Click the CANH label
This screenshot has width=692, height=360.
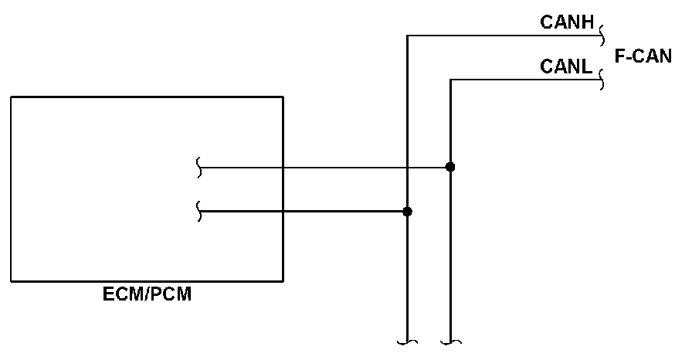coord(567,23)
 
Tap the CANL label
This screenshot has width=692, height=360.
coord(566,68)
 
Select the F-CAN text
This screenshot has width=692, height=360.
coord(643,56)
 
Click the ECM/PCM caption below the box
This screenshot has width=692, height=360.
coord(147,294)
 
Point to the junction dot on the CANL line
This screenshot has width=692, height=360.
coord(450,167)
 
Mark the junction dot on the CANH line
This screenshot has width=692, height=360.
coord(408,211)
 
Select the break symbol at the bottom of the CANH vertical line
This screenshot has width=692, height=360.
coord(407,340)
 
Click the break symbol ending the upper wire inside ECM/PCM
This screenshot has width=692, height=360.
coord(200,167)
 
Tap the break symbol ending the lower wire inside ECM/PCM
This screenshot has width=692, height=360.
coord(200,211)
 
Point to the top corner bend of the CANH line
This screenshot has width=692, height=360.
coord(408,35)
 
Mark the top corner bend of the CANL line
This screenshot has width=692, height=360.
coord(450,80)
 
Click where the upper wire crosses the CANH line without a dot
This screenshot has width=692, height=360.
coord(408,167)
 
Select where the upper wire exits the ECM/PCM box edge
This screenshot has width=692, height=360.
coord(283,167)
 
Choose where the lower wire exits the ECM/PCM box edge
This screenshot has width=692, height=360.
coord(283,211)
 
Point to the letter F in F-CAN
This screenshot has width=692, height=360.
coord(619,56)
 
